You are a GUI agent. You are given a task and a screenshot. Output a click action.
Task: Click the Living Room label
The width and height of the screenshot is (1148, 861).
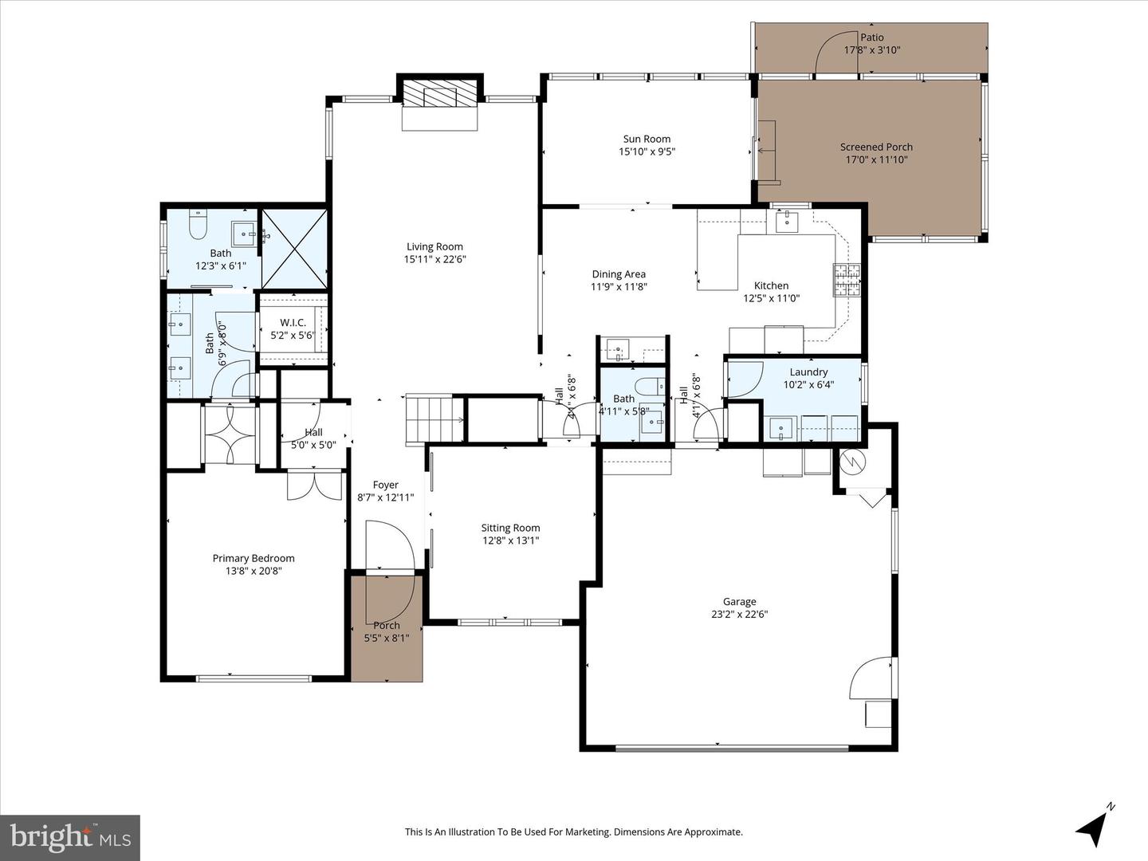pos(434,246)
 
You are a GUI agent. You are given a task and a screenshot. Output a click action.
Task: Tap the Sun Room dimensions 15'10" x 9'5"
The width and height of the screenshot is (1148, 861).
pos(647,151)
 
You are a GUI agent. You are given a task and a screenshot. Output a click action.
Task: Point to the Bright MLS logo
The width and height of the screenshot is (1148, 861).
pos(70,837)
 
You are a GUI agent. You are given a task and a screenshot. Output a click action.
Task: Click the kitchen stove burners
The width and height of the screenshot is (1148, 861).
pos(847,280)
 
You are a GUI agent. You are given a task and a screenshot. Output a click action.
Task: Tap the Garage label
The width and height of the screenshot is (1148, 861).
pos(739,602)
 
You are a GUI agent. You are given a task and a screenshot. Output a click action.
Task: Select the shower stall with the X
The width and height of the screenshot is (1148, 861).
pos(294,248)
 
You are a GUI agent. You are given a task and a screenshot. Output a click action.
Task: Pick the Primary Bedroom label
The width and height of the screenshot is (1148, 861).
pos(254,558)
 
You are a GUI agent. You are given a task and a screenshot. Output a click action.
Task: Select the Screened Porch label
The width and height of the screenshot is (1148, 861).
pos(876,147)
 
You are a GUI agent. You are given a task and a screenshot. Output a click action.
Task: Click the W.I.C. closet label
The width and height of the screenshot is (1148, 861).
pos(293,322)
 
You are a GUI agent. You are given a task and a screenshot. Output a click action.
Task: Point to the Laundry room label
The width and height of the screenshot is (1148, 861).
pos(808,372)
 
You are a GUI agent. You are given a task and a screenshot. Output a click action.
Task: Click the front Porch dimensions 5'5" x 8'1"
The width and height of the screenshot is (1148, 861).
pos(387,637)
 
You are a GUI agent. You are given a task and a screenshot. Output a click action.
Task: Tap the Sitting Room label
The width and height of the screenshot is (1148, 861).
pos(510,528)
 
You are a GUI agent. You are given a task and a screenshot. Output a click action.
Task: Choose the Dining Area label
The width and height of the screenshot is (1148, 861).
pos(619,274)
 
